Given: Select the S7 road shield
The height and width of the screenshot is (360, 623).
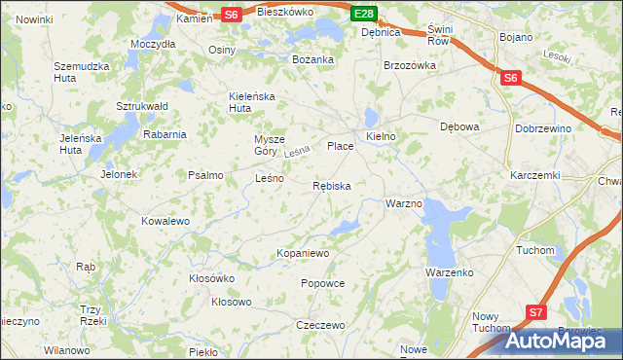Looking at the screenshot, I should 536,312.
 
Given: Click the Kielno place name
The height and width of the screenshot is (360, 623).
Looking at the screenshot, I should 381,136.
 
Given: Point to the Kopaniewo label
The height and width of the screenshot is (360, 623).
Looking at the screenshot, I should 304,253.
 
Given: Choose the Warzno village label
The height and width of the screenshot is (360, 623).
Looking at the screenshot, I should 403,204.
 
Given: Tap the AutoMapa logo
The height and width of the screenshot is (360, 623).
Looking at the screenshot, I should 564,341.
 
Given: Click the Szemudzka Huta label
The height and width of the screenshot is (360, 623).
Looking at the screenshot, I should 79,73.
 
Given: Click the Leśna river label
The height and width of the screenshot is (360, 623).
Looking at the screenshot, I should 297,152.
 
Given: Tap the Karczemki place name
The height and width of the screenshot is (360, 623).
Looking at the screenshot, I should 534,175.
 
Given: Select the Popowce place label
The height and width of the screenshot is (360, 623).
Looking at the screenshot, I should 323,283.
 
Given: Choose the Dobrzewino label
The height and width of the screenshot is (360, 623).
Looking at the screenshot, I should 570,127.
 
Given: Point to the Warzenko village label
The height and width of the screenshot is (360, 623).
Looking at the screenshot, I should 449,272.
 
